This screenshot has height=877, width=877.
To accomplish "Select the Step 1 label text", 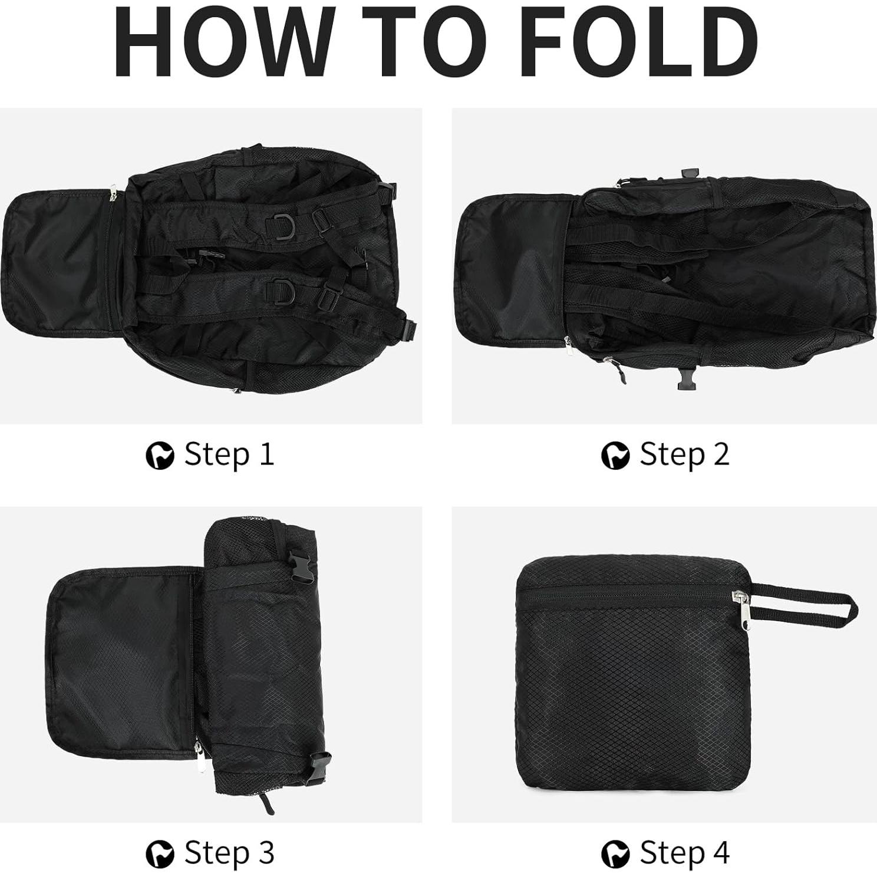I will click(x=229, y=454).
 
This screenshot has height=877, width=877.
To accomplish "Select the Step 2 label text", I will click(x=684, y=454).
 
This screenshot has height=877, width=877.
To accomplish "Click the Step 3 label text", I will click(x=229, y=852).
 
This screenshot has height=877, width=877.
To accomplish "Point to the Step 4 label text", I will click(x=684, y=852).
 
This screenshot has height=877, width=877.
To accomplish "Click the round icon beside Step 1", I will click(x=160, y=456).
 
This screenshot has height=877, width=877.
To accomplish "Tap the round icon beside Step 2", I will click(x=615, y=456).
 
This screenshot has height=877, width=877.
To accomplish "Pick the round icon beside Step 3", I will click(x=160, y=853).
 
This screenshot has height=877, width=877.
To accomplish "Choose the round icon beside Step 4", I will click(x=615, y=853).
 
